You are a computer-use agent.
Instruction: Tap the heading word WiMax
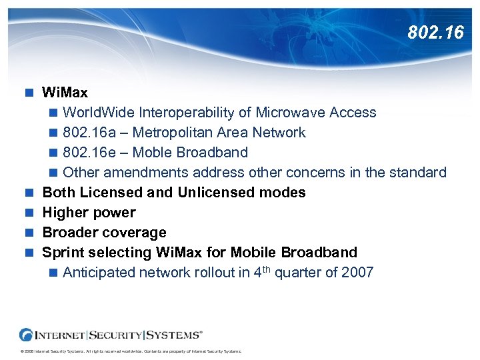(x=65, y=92)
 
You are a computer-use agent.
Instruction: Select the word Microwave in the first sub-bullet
(x=291, y=113)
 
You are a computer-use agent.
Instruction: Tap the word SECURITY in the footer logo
(x=115, y=334)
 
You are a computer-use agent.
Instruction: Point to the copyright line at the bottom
(x=131, y=352)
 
